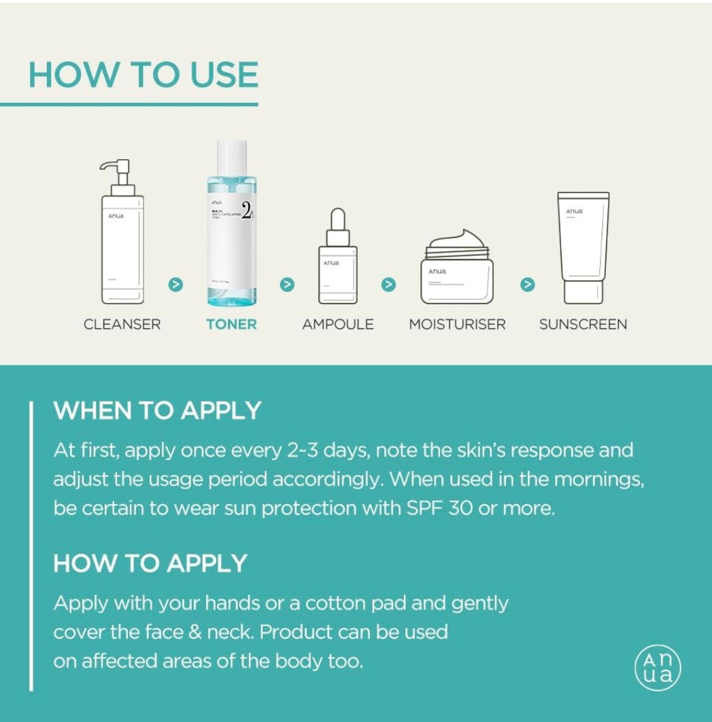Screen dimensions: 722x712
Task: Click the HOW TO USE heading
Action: point(143,75)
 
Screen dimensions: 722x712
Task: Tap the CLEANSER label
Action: point(122,325)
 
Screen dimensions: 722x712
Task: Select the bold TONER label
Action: point(232,325)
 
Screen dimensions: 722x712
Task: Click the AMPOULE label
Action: point(338,325)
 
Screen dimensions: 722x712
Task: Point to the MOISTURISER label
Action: point(457,325)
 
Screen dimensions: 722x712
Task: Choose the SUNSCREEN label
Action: point(583,325)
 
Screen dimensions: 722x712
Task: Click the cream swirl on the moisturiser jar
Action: point(456,242)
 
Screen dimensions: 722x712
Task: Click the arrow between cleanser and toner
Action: point(175,284)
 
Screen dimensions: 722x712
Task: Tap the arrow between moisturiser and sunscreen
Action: point(527,284)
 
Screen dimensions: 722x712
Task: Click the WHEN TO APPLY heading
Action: point(157,411)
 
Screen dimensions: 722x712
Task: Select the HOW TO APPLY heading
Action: point(150,563)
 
